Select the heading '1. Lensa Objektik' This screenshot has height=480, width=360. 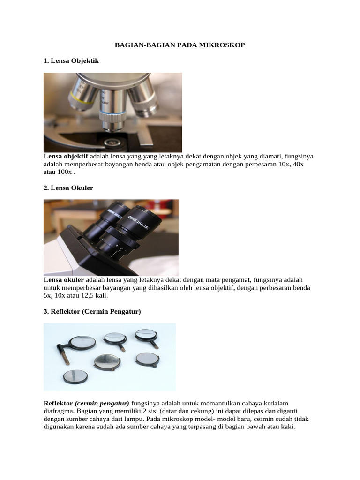71,61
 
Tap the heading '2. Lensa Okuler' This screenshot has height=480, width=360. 68,188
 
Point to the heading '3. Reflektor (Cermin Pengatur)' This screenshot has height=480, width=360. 92,311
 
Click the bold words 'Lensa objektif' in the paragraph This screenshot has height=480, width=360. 66,156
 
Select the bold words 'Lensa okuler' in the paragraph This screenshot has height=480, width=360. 64,279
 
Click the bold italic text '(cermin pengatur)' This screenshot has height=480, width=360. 102,403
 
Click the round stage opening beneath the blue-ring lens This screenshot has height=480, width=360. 111,141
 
